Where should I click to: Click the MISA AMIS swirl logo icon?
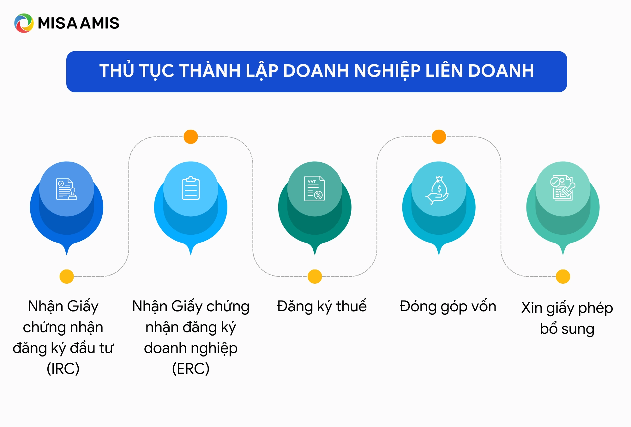point(24,23)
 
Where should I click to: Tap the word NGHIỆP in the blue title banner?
point(387,71)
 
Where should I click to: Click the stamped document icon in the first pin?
point(66,189)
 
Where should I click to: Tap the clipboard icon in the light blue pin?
point(191,189)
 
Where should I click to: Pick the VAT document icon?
point(315,189)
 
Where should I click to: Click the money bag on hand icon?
point(438,190)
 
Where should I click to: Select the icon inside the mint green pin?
point(563,188)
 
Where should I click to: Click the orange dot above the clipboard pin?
point(191,137)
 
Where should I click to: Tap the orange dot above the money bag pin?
point(439,137)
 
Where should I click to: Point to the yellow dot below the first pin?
point(67,276)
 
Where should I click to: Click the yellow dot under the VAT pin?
point(315,276)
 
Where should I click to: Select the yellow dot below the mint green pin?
point(563,276)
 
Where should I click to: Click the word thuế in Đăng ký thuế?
point(351,306)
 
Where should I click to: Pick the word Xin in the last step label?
point(532,308)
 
